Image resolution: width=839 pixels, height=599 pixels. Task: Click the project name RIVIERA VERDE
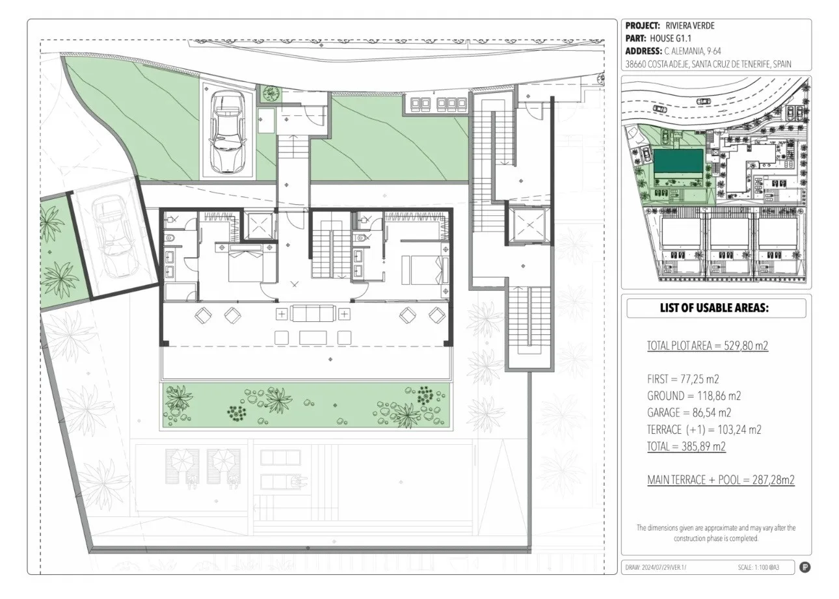point(689,26)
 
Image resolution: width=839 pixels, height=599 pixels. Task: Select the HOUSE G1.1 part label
point(671,38)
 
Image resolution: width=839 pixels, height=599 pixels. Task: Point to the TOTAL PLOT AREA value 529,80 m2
point(746,345)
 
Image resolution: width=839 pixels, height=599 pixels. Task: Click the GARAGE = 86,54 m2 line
point(689,412)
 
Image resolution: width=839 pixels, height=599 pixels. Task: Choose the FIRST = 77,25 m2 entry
point(683,379)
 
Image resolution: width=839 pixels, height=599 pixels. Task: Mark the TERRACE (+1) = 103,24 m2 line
point(704,429)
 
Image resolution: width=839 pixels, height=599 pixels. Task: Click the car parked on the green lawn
point(228,132)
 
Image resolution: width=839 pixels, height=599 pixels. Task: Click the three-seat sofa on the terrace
point(313,313)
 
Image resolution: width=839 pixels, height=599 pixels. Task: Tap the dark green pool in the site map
point(678,164)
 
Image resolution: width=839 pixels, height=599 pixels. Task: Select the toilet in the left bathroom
point(170,238)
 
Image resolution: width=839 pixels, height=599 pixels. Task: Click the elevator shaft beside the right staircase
point(529,225)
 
